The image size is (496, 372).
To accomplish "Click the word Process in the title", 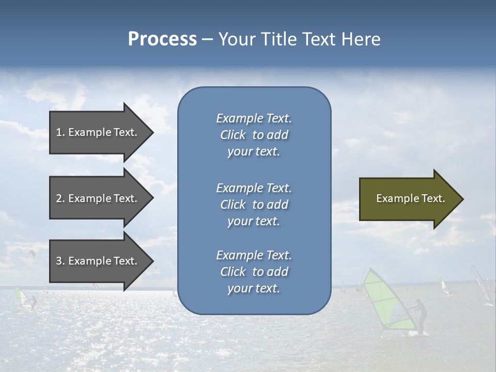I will tap(162, 39).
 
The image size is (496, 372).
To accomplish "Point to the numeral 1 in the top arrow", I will tap(59, 132).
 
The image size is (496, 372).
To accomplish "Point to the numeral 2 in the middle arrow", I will tap(59, 198).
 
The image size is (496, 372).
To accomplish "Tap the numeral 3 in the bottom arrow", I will tap(59, 261).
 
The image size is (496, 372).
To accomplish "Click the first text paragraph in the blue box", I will tap(254, 135).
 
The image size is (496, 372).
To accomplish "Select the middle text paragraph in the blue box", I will tap(254, 205).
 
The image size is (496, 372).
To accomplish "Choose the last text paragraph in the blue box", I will tap(254, 272).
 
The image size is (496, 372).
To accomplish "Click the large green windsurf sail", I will tap(385, 300).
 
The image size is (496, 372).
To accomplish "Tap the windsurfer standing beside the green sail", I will tap(422, 316).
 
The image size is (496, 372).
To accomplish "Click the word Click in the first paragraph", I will tap(233, 135).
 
